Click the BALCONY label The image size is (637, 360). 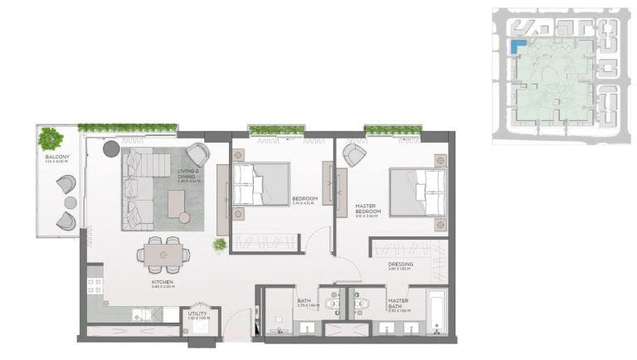(56, 158)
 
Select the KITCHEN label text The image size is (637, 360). (162, 282)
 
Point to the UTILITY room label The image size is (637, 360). (198, 314)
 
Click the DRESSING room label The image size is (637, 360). (400, 265)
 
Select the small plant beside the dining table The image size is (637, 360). (220, 245)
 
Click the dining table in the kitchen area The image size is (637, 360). (163, 252)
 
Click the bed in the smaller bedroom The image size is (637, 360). (260, 183)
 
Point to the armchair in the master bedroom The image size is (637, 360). (355, 154)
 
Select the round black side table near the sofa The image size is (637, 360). (110, 148)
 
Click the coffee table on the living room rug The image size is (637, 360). (177, 204)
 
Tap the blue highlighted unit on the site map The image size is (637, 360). (518, 48)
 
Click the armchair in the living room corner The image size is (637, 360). (197, 154)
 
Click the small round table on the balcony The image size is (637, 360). (70, 202)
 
